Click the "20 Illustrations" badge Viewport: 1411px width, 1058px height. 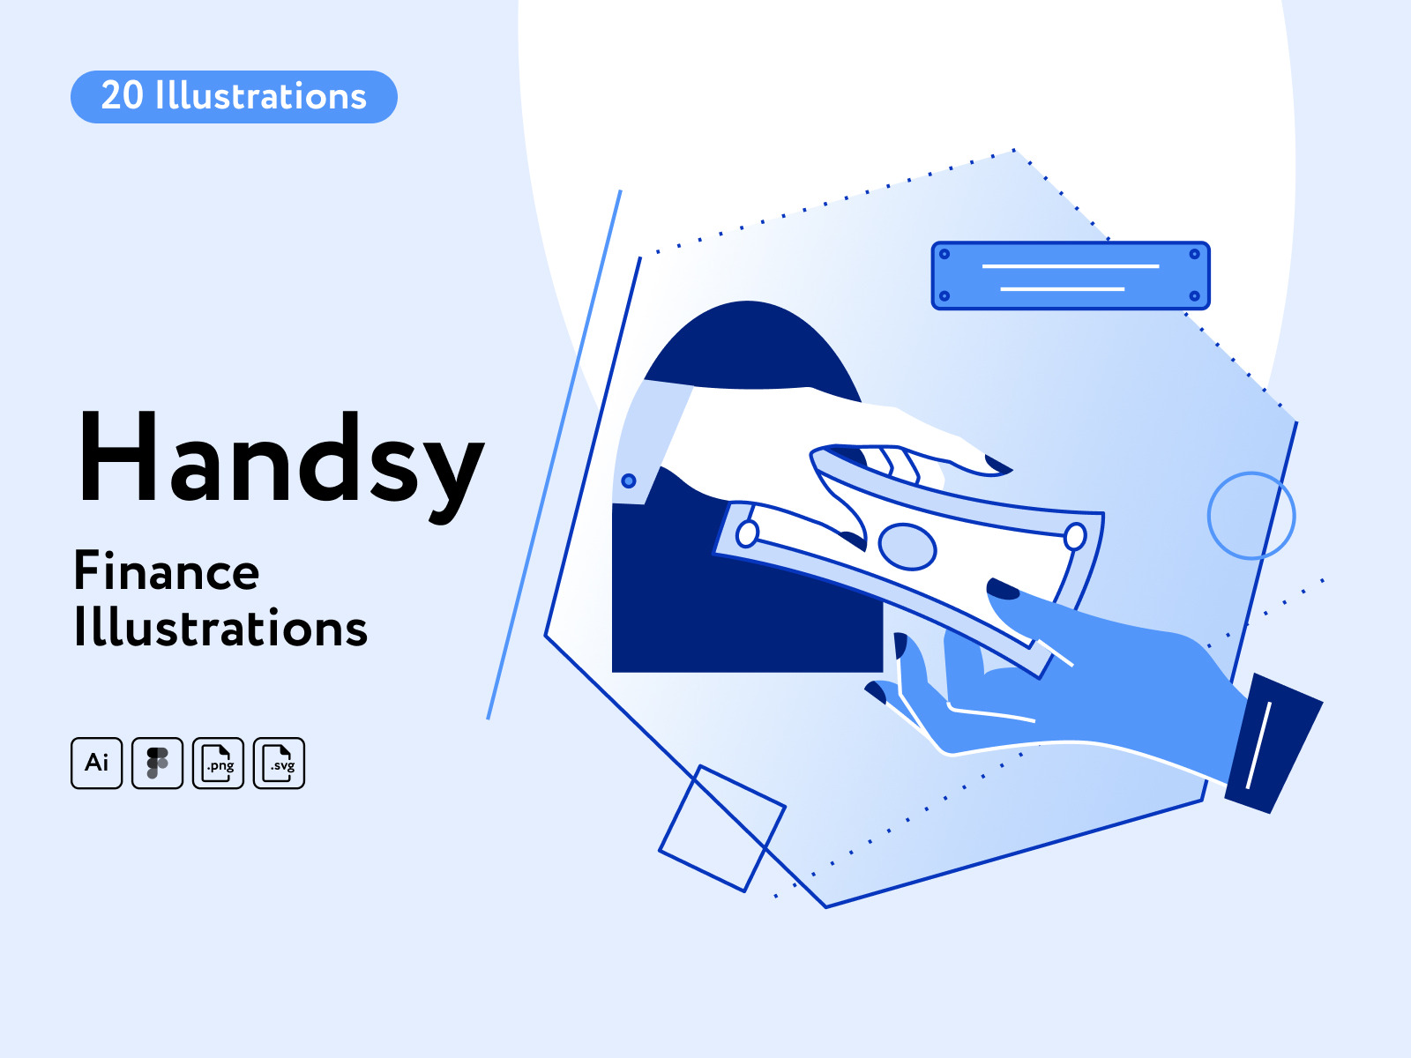click(234, 97)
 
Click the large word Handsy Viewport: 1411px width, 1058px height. click(281, 464)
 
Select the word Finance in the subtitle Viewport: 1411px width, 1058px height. click(167, 571)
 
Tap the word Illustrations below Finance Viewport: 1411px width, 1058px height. click(220, 627)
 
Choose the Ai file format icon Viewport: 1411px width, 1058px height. click(96, 764)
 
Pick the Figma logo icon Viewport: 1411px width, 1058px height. click(158, 764)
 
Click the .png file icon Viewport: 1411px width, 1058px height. click(218, 764)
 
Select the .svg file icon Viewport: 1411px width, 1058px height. click(279, 764)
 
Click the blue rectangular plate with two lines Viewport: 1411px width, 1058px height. click(1071, 276)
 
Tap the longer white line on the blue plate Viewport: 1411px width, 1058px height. click(1071, 266)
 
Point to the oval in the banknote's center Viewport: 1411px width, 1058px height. click(907, 547)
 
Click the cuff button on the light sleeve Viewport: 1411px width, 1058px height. click(629, 481)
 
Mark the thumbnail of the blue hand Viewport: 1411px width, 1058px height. click(1003, 588)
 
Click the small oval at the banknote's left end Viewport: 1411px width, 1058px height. click(747, 533)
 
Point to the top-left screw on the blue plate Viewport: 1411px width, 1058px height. click(944, 254)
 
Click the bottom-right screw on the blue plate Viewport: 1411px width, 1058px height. click(1194, 296)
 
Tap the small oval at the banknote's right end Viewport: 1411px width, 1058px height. click(1075, 536)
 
